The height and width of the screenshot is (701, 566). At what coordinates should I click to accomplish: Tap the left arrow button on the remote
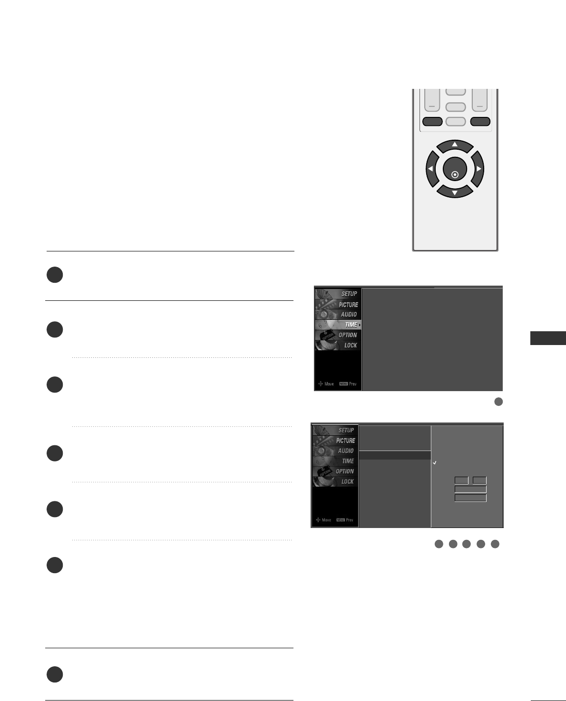[431, 169]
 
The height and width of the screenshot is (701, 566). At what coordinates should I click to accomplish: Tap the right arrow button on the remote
[478, 169]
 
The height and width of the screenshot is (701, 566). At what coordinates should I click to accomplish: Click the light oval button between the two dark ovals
[456, 121]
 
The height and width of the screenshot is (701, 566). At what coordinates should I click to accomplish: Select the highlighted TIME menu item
[351, 325]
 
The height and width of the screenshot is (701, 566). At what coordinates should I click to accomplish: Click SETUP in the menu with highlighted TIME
[349, 294]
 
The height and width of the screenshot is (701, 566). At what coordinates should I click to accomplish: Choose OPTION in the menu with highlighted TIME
[348, 335]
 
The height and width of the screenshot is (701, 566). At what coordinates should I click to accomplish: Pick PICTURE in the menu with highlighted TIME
[348, 305]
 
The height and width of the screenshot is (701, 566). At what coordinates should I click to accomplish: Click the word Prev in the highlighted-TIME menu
[353, 384]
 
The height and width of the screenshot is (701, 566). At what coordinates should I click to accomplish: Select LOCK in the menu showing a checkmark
[347, 481]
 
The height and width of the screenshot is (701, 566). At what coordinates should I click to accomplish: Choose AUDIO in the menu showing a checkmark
[346, 451]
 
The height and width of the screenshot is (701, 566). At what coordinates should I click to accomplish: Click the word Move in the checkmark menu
[326, 520]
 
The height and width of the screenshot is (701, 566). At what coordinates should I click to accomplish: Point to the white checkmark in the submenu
[435, 462]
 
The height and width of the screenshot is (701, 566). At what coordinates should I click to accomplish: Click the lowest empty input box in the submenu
[470, 498]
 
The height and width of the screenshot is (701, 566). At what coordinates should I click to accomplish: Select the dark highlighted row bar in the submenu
[395, 455]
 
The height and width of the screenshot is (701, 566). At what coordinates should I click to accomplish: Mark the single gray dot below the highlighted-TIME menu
[498, 402]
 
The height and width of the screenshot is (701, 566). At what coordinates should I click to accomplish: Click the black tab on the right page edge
[548, 338]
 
